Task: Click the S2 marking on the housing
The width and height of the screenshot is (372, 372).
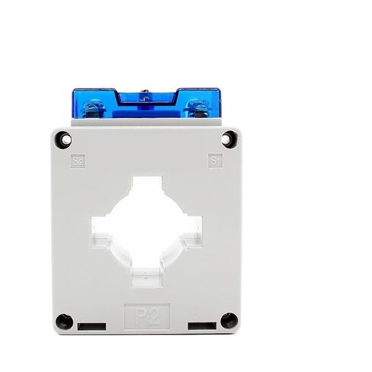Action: coord(78,162)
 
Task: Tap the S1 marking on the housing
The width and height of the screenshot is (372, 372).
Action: coord(215,161)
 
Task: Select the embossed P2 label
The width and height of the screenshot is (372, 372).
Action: coord(146,317)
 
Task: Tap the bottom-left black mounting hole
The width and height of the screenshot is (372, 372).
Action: coord(64,322)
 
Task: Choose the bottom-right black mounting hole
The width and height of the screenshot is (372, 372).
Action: coord(229,321)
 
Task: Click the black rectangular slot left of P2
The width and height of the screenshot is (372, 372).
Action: coord(91,326)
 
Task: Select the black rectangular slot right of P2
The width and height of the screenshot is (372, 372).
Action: coord(202,326)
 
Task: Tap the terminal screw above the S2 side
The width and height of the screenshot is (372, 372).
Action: coord(95,109)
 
